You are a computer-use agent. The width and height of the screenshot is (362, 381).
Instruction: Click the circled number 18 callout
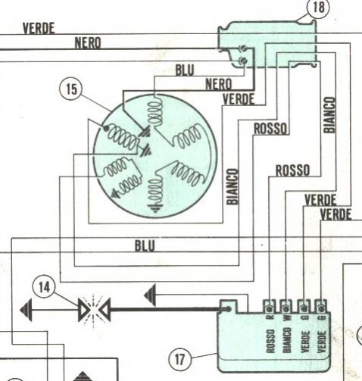tap(318, 8)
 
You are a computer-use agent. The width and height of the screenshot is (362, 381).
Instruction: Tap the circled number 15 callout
tap(71, 89)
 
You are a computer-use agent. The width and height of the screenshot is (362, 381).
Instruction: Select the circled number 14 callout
tap(44, 286)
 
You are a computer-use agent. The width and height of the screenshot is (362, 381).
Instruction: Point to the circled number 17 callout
tap(179, 359)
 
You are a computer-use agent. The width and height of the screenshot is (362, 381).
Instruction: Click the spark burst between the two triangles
tap(94, 311)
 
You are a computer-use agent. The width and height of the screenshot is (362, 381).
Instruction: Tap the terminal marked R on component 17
tap(270, 308)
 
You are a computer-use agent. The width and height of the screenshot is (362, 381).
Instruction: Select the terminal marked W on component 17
tap(286, 308)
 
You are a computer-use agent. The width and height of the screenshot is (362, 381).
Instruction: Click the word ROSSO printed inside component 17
tap(270, 341)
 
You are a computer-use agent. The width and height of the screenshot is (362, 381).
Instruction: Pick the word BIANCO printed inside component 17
tap(286, 340)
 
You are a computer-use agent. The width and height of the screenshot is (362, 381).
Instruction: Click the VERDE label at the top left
tap(39, 28)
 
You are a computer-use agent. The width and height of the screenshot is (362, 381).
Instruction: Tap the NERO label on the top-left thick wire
tap(88, 42)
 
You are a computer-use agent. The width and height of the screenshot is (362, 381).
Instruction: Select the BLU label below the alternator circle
tap(145, 245)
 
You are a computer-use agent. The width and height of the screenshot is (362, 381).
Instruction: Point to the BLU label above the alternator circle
tap(185, 70)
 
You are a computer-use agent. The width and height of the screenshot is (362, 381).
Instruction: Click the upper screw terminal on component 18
tap(243, 48)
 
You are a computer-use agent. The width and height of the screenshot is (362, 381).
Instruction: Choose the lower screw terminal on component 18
tap(243, 60)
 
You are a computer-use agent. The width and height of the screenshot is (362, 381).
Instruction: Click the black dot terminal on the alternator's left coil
tap(106, 129)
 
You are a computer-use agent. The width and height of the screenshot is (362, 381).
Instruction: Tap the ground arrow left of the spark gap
tap(27, 310)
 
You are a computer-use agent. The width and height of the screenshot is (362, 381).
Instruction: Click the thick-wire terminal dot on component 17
tap(228, 309)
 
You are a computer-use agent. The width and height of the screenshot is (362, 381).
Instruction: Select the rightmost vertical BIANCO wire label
tap(329, 115)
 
